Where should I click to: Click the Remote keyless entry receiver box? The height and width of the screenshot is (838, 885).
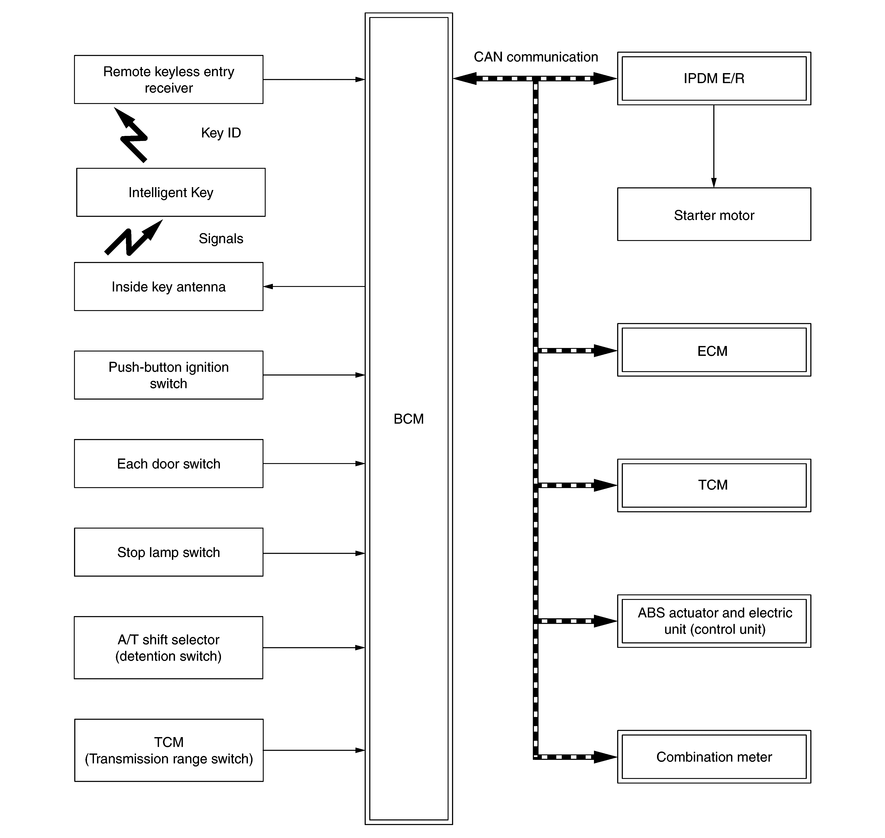pyautogui.click(x=168, y=79)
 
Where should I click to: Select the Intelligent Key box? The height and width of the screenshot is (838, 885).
pyautogui.click(x=171, y=193)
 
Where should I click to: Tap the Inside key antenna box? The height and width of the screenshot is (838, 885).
pyautogui.click(x=168, y=286)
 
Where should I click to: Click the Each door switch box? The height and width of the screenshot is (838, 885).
pyautogui.click(x=168, y=464)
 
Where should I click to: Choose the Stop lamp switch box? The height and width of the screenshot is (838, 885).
pyautogui.click(x=168, y=553)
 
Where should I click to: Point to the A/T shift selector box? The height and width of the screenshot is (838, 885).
pyautogui.click(x=168, y=648)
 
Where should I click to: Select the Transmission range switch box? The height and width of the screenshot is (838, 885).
pyautogui.click(x=168, y=750)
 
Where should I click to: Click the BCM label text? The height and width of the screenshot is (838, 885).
pyautogui.click(x=408, y=419)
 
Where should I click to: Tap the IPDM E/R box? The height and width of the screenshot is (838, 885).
pyautogui.click(x=714, y=79)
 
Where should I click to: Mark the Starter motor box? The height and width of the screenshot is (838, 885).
pyautogui.click(x=714, y=215)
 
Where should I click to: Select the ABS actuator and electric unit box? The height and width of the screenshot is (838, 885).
pyautogui.click(x=714, y=621)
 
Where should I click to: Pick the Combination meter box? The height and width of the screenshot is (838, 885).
pyautogui.click(x=714, y=757)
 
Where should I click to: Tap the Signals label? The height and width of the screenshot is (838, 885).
pyautogui.click(x=221, y=239)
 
